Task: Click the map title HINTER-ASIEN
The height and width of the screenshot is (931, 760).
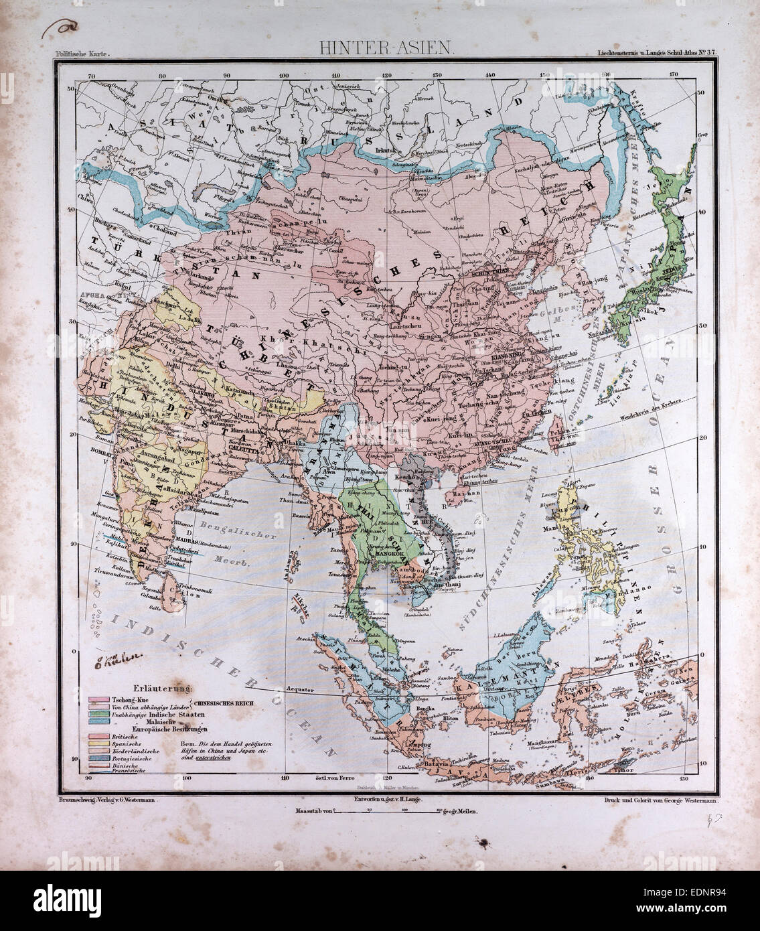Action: [380, 48]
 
